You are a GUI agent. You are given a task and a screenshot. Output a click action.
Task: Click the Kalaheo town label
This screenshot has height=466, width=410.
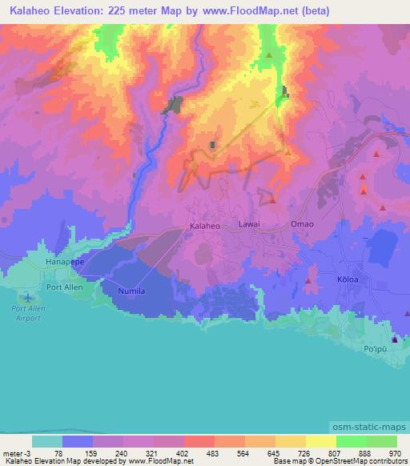(204, 227)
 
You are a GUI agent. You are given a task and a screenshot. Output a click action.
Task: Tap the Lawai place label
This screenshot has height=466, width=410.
(249, 225)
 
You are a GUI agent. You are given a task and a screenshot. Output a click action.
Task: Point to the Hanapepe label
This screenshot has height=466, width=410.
(65, 261)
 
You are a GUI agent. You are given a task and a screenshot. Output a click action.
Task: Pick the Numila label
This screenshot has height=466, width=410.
(131, 291)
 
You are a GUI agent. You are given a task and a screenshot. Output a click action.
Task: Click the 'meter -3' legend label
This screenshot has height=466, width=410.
(18, 452)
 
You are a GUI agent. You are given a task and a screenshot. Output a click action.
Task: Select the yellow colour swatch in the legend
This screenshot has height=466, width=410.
(321, 441)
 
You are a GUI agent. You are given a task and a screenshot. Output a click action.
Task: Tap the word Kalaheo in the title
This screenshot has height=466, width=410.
(33, 12)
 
